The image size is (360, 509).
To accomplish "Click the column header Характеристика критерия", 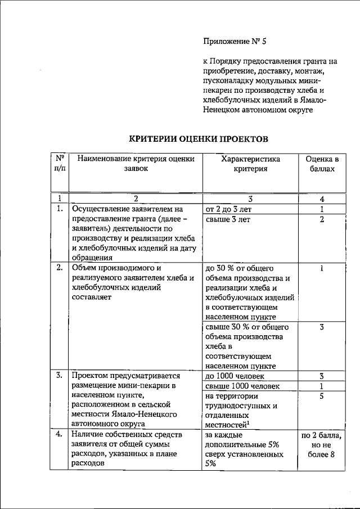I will (x=250, y=164).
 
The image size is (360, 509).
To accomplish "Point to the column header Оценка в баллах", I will (x=322, y=164).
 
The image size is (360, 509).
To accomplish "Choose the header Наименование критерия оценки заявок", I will (x=135, y=164).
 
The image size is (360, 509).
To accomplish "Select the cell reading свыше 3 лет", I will (x=228, y=219).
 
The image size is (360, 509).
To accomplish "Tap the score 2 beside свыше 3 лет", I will (x=322, y=219).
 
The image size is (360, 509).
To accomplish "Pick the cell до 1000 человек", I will (x=236, y=376).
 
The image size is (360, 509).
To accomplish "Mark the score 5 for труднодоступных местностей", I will (x=322, y=397).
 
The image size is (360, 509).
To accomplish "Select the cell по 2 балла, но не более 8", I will (x=322, y=445).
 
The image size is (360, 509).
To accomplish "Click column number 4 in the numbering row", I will (x=322, y=199).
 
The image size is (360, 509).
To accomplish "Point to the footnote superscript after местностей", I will (x=248, y=424).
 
